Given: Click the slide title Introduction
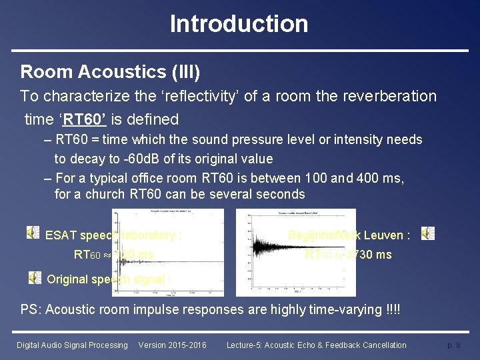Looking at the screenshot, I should coord(239,24).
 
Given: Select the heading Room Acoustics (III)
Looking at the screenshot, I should coord(110,71).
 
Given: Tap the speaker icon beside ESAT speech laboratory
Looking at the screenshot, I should coord(33,232).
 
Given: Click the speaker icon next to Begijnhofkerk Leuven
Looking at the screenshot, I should coord(428,233).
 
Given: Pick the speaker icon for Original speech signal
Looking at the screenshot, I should coord(34,277).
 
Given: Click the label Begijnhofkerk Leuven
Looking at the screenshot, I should coord(349,235).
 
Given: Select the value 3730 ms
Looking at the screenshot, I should coord(369,255).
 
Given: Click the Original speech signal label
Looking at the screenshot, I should coord(109,279).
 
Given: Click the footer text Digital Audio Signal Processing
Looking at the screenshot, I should coord(72,345).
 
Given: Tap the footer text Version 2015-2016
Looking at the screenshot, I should coord(172,345).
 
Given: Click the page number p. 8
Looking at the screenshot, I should coord(453,345).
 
